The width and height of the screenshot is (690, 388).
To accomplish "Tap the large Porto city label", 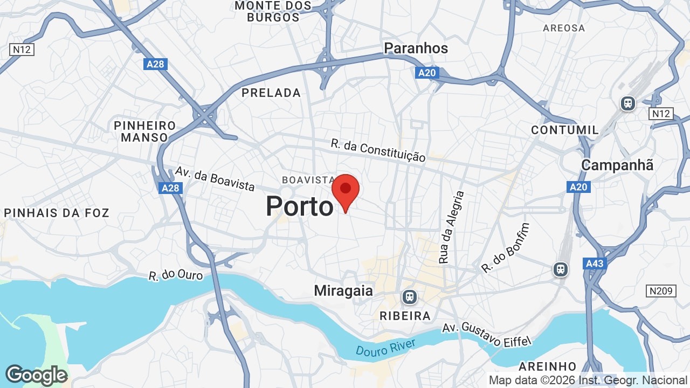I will pos(300,206).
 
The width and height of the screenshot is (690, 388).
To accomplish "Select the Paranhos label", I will pos(416,48).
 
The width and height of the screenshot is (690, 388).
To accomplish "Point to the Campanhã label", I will pos(617,165).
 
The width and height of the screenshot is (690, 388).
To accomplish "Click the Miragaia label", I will pos(343,291).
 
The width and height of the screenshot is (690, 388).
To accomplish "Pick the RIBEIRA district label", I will pos(405,316).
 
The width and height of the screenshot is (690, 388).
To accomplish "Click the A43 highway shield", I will pos(595,264).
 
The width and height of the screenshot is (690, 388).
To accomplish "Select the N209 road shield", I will pos(661,291).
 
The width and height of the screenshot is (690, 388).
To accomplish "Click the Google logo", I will pos(36,375).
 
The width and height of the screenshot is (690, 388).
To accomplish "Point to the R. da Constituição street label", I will pos(378,150).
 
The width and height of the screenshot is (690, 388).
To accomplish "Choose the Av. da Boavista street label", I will pos(215,178).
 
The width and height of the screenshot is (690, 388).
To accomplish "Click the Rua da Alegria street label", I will pos(451,227).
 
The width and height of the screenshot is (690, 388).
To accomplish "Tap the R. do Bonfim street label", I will pos(505,247).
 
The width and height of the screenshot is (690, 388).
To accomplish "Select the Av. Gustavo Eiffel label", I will pos(487,335).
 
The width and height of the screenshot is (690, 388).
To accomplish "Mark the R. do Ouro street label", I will pos(176,275).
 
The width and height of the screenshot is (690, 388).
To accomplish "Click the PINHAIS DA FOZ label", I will pos(57,213).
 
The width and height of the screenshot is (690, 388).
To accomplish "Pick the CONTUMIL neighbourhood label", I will pos(564,130).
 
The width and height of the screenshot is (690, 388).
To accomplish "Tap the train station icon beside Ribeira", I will pos(409,297).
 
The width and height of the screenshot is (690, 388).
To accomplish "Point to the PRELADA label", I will pos(271,93).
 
